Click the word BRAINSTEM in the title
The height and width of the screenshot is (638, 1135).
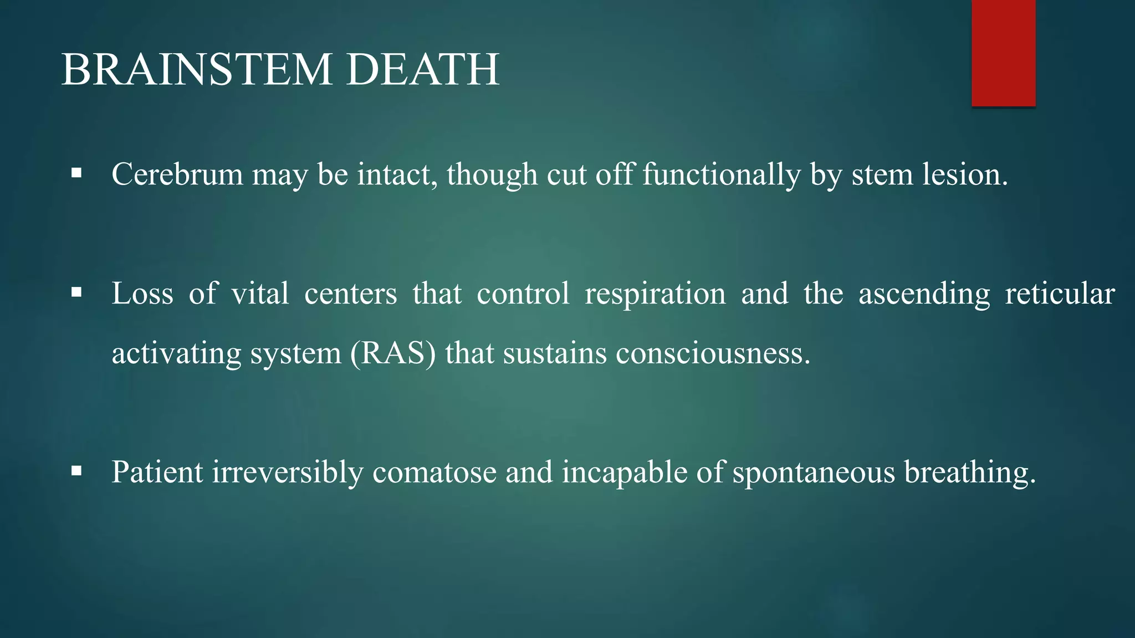tap(197, 70)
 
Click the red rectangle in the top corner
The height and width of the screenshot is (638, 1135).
tap(1003, 53)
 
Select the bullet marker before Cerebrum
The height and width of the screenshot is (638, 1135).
tap(76, 174)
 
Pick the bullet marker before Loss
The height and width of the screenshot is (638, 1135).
tap(76, 292)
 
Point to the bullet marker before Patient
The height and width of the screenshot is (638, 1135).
tap(76, 471)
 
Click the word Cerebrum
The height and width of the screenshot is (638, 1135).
tap(177, 174)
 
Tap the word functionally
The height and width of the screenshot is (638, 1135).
tap(722, 174)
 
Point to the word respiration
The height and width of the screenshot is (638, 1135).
tap(655, 294)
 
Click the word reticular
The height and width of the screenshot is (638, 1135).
tap(1060, 294)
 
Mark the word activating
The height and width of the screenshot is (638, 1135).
tap(176, 353)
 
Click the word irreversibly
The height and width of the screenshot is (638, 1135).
tap(288, 472)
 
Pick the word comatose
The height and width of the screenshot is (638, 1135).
tap(434, 472)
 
